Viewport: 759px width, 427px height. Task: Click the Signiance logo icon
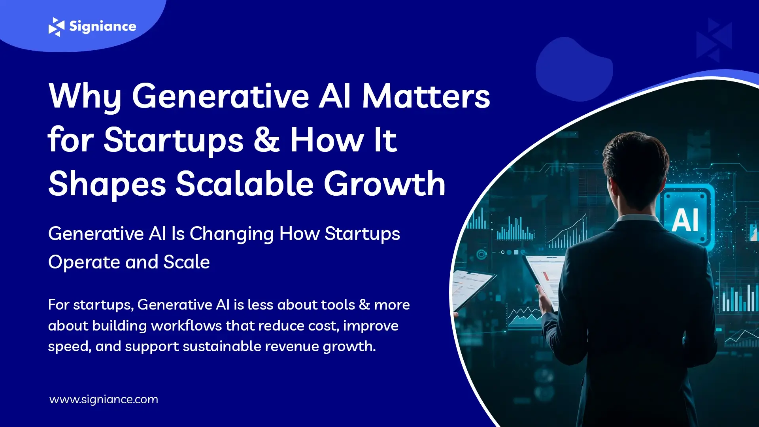(x=56, y=27)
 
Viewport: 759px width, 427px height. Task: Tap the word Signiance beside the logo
(x=103, y=26)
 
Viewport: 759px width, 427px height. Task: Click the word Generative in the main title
(x=220, y=96)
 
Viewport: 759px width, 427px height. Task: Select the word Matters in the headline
(x=426, y=96)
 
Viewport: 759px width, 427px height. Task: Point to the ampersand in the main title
(x=266, y=140)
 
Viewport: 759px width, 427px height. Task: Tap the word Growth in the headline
(x=385, y=184)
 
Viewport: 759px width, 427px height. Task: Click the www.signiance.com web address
(x=104, y=399)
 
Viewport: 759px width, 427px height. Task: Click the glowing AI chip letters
(x=685, y=220)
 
